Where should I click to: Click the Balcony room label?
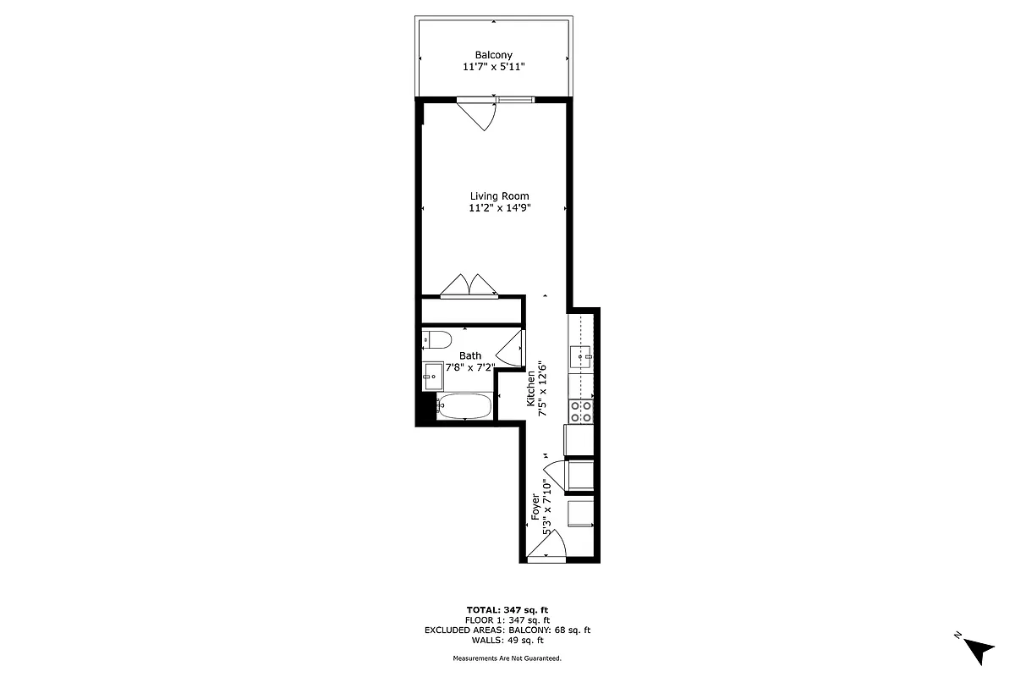493,55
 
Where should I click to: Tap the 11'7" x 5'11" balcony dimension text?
493,68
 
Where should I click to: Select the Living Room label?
500,195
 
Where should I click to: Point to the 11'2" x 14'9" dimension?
500,208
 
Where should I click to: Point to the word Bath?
470,356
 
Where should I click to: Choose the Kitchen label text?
531,389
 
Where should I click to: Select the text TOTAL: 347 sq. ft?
507,609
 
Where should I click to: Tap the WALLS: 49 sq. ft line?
507,641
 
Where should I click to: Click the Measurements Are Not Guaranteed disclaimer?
507,658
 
